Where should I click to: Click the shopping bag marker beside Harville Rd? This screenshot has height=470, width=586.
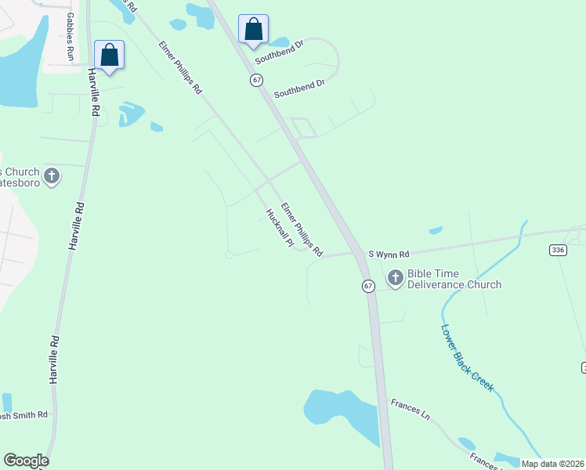(110, 56)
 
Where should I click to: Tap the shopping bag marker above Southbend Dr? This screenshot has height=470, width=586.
(253, 30)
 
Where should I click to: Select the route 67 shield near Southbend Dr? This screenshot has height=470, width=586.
(256, 80)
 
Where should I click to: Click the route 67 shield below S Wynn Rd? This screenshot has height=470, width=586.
(368, 286)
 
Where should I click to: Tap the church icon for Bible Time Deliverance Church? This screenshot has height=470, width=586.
(395, 278)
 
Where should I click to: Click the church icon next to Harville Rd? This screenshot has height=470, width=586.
(52, 175)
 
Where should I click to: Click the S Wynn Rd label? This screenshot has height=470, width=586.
(389, 255)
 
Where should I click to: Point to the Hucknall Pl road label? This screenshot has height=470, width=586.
(279, 229)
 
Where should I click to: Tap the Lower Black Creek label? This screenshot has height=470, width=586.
(467, 358)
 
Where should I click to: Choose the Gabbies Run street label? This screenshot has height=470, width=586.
(70, 37)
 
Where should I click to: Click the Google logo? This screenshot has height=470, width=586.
(26, 461)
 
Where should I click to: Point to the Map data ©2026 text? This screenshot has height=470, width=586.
(553, 464)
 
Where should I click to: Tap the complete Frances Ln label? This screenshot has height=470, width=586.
(411, 410)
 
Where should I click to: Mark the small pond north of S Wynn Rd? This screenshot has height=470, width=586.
(436, 230)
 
